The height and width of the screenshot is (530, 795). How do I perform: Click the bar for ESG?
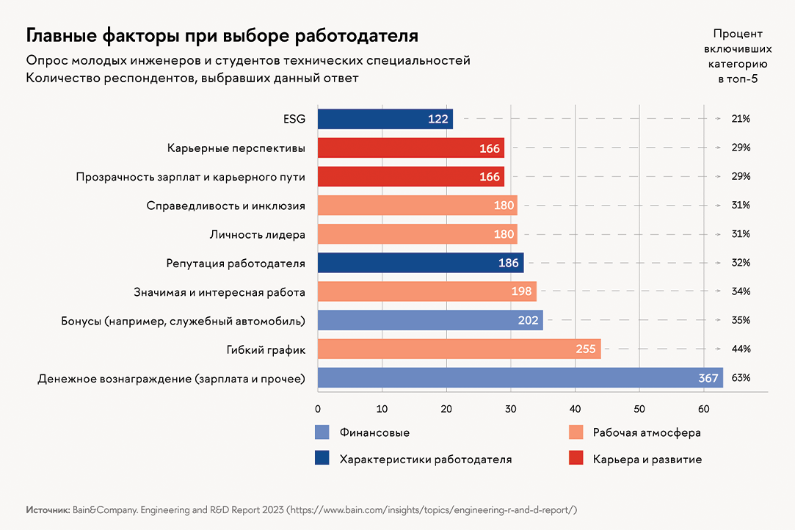pyautogui.click(x=385, y=119)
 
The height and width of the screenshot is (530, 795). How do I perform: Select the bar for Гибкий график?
pyautogui.click(x=459, y=349)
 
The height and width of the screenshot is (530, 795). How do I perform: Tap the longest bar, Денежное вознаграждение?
pyautogui.click(x=520, y=378)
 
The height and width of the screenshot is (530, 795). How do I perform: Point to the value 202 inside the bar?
pyautogui.click(x=528, y=320)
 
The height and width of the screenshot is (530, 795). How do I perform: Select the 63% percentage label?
pyautogui.click(x=741, y=378)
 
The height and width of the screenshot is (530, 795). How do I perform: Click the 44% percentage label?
pyautogui.click(x=741, y=349)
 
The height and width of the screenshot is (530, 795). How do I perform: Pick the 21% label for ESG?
pyautogui.click(x=741, y=119)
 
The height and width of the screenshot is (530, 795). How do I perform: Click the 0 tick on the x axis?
pyautogui.click(x=318, y=408)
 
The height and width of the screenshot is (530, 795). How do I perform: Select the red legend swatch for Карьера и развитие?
pyautogui.click(x=577, y=459)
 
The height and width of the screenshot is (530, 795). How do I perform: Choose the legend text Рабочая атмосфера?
pyautogui.click(x=647, y=432)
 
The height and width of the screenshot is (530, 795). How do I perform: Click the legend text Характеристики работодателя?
pyautogui.click(x=426, y=459)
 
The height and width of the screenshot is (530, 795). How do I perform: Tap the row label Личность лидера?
pyautogui.click(x=258, y=234)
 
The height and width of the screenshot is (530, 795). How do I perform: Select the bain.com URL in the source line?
pyautogui.click(x=433, y=509)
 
